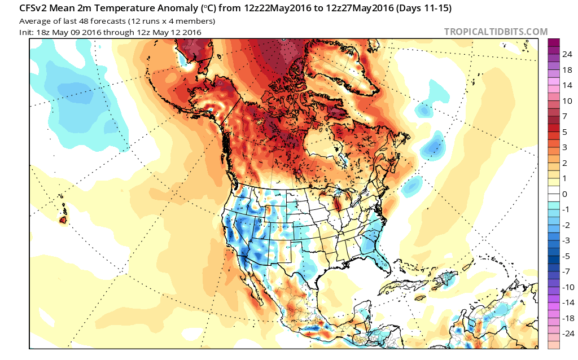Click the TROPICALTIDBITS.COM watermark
point(496,32)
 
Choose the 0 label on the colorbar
point(564,194)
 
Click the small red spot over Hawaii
point(63,219)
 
